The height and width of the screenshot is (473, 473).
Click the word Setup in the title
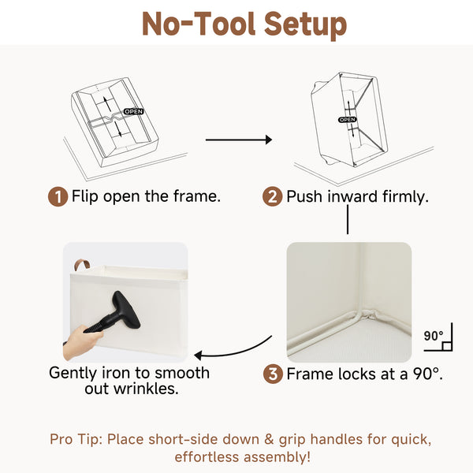point(305,24)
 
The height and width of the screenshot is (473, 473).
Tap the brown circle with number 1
point(58,196)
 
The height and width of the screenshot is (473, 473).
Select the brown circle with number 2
point(272,196)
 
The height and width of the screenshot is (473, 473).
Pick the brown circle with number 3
point(273,374)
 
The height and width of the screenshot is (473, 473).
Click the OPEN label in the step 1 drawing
point(134,112)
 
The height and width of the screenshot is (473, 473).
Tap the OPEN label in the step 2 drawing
point(347,120)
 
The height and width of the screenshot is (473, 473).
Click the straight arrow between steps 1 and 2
point(239,140)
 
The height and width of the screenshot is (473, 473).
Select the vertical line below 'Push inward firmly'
point(348,219)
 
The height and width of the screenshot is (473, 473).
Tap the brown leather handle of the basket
point(82,265)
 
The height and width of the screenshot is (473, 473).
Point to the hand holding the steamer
point(81,342)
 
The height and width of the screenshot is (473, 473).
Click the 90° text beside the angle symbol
point(434,336)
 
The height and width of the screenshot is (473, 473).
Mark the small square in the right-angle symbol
point(447,346)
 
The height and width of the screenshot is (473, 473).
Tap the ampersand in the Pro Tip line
point(269,440)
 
